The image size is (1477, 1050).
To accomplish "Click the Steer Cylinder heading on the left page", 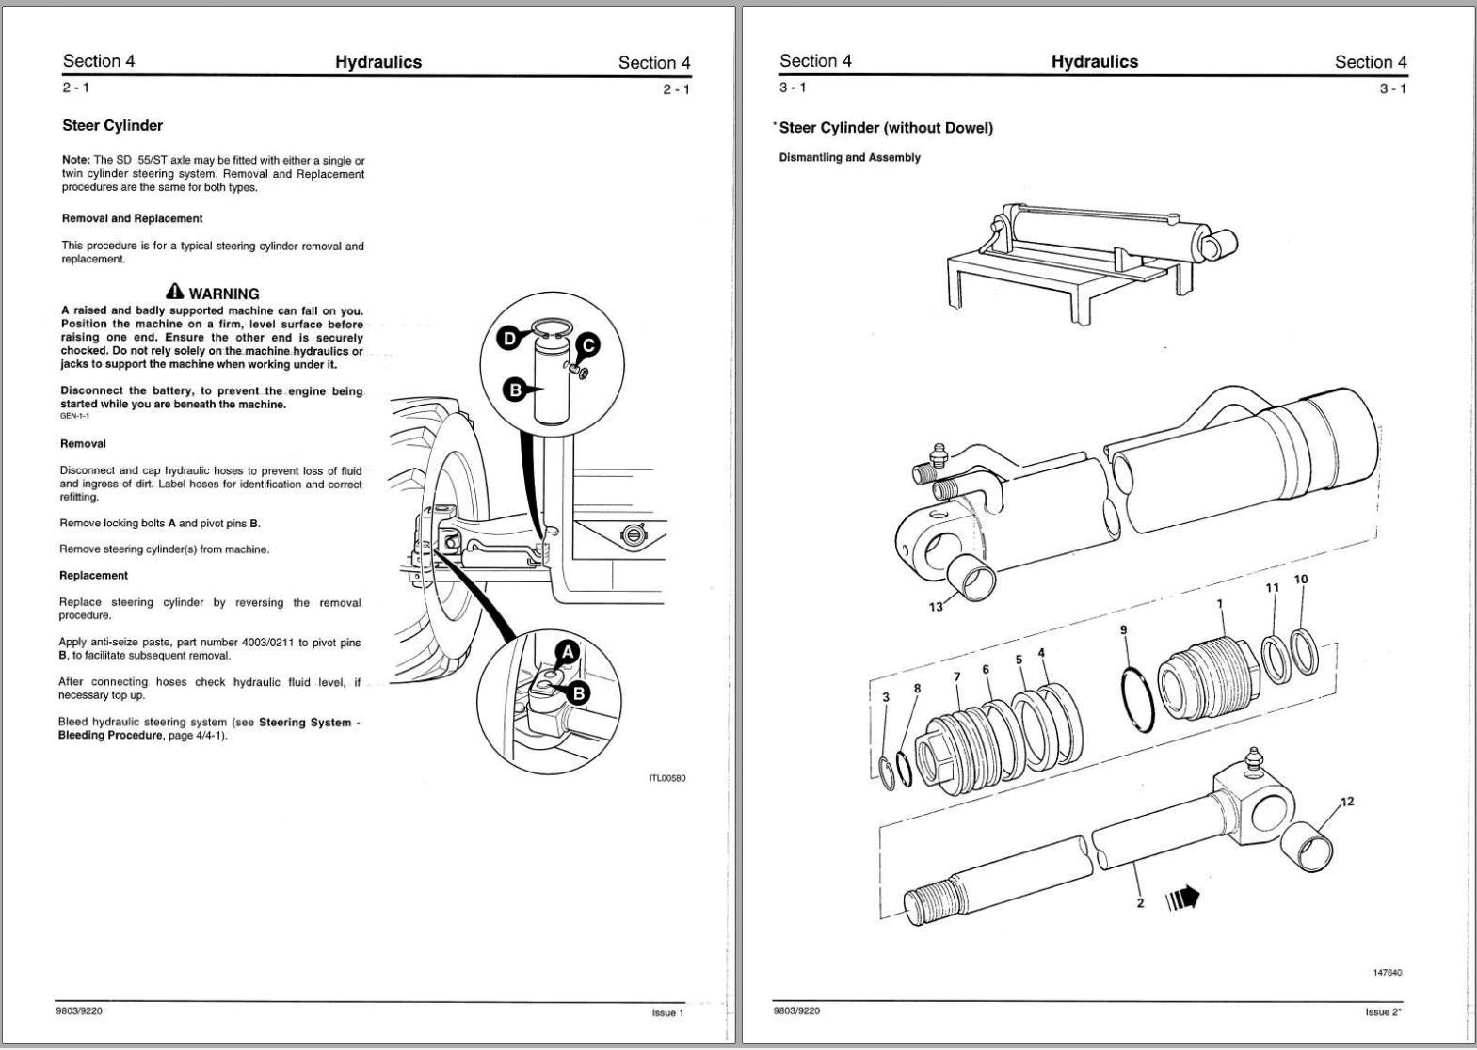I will point(112,125).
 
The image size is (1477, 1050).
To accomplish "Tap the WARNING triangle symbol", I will point(175,293).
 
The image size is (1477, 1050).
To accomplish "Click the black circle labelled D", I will point(509,339).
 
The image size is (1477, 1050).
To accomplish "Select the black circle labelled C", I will point(587,345).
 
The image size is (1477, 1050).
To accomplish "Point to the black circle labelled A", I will point(567,650).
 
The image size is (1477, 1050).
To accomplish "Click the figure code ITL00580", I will point(666,778).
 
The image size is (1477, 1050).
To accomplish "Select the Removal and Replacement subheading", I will point(132,218).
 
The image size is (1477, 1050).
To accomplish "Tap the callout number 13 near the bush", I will point(935,607).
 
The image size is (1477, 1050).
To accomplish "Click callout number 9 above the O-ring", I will point(1123,629).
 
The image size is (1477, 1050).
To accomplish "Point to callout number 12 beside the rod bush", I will point(1347,802).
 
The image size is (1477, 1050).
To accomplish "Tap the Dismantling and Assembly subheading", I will point(849,157).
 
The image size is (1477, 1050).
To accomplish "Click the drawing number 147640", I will point(1388,972).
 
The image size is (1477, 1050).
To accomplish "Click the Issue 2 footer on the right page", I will point(1383,1012).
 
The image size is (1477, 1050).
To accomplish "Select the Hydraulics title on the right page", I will point(1094,62).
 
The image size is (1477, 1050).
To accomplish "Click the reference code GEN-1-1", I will point(74,416).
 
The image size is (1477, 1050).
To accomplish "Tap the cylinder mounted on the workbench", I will point(1101,235).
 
